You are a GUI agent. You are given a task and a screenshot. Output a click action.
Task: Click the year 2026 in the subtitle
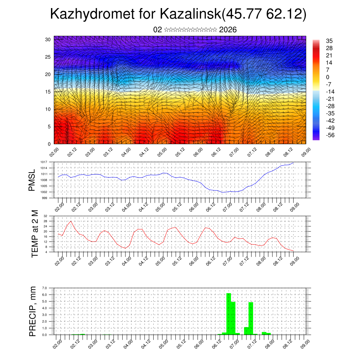(228, 30)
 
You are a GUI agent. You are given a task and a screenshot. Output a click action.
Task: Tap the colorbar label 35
(329, 41)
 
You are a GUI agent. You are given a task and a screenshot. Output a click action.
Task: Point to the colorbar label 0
(328, 77)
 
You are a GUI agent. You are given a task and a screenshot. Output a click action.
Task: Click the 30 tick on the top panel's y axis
(48, 39)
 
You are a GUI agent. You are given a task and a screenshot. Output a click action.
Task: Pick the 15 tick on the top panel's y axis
(48, 92)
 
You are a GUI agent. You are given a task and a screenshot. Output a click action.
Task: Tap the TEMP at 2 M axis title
(34, 234)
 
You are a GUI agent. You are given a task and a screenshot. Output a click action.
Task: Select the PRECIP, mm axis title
(32, 311)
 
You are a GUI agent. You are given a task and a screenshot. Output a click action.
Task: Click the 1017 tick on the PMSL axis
(44, 162)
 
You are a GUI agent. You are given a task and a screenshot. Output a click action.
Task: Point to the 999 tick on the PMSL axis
(45, 198)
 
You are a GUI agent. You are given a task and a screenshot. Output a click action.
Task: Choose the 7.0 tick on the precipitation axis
(45, 288)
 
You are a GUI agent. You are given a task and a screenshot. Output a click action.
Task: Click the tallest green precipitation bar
(229, 313)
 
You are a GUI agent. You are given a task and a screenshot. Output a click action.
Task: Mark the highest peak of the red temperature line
(71, 221)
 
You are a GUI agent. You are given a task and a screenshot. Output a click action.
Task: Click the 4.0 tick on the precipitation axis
(45, 308)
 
